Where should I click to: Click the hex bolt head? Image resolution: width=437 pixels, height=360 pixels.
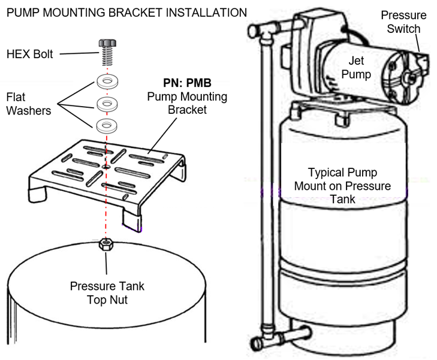click(x=106, y=43)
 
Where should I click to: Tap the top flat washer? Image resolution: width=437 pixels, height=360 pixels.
click(x=106, y=80)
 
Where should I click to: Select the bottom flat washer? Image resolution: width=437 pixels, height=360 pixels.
click(x=106, y=125)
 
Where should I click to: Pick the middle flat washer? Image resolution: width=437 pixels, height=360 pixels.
click(x=106, y=102)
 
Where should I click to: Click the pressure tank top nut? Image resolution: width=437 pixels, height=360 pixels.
click(x=106, y=246)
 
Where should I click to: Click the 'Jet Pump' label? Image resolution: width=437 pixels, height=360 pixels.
click(x=361, y=67)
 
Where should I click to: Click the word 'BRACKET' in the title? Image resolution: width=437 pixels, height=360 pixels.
click(x=129, y=12)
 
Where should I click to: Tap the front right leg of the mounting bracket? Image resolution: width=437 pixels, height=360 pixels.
click(x=132, y=219)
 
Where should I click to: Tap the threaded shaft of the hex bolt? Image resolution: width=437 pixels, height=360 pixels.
click(x=106, y=58)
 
